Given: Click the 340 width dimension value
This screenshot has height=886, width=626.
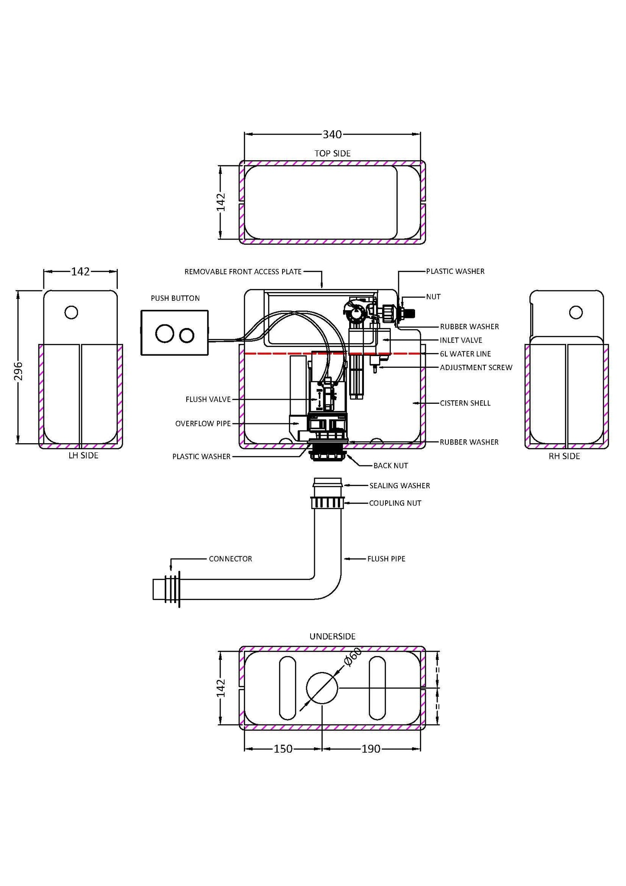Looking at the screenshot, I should (332, 135).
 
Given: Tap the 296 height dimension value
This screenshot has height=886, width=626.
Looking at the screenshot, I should (19, 371).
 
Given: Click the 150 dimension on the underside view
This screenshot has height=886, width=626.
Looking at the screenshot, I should (283, 749).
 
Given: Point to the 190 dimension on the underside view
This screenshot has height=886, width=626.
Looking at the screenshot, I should (371, 749).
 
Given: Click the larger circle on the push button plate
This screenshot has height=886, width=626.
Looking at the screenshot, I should (165, 334).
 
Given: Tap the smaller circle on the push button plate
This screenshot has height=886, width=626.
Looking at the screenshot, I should (187, 335).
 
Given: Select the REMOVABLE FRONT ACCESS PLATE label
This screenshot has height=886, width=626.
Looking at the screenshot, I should (243, 272).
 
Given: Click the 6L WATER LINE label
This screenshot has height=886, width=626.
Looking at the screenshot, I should (465, 354).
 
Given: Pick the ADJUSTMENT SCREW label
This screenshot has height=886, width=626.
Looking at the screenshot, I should (476, 367).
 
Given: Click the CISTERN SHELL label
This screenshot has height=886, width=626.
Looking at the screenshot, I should (465, 403).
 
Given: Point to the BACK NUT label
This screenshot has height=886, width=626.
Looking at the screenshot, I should (390, 466).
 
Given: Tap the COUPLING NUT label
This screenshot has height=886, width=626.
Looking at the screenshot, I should (395, 503).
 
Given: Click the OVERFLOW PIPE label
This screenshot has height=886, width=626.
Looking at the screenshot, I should (203, 423).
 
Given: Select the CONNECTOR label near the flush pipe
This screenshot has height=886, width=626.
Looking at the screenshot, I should (230, 559).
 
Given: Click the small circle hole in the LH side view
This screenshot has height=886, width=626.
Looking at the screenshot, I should (71, 312).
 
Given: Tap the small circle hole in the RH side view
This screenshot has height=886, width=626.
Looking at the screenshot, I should (576, 312).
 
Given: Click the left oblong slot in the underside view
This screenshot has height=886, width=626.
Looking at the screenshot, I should (288, 688).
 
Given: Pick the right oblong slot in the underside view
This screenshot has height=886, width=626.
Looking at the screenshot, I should (377, 688).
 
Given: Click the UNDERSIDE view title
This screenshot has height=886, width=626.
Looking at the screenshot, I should (332, 636).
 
